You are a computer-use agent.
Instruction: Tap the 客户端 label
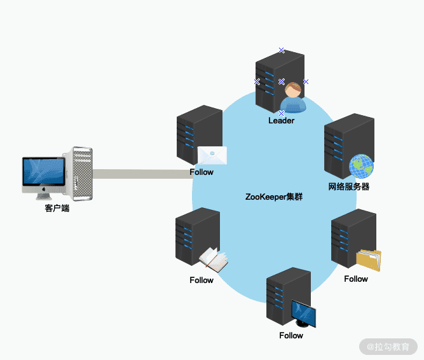[57, 208]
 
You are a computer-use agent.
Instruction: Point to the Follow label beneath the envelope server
[202, 172]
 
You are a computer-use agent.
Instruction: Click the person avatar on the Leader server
[293, 97]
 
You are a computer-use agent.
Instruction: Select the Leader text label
[281, 120]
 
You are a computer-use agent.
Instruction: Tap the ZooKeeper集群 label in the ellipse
[273, 197]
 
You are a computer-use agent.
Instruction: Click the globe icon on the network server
[361, 166]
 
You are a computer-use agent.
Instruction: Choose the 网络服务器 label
[348, 187]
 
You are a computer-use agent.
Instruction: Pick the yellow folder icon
[369, 260]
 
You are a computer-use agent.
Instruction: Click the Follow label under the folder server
[356, 279]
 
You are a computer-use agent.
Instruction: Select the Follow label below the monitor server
[291, 335]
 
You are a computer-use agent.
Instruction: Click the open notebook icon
[214, 260]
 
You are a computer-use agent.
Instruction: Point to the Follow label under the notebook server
[202, 280]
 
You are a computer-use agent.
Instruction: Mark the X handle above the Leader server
[282, 50]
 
